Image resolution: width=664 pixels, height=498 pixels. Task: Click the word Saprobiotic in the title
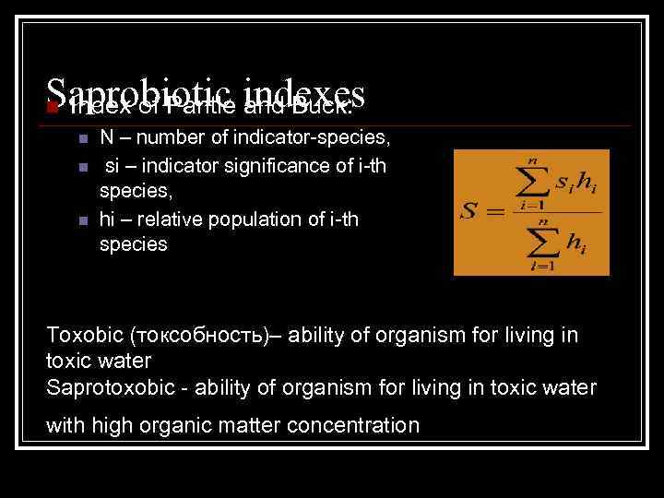coord(138,92)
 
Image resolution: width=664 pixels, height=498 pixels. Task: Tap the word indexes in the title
coord(307,92)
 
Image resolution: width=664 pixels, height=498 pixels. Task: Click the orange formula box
coord(531,212)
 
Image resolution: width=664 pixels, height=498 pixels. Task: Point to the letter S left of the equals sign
coord(469,212)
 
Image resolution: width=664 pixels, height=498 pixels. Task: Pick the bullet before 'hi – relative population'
coord(82,221)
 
